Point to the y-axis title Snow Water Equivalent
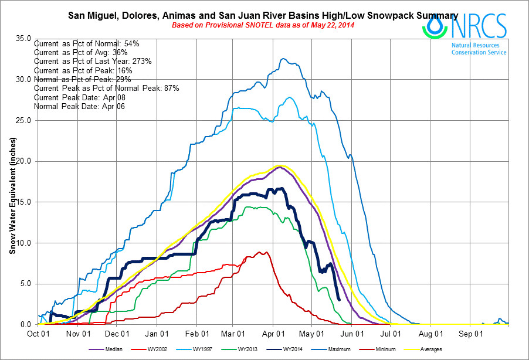12,193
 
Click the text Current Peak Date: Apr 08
79,97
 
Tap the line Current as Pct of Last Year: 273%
93,61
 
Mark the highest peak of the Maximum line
283,59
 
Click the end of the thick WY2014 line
340,300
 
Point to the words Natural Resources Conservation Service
479,48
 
